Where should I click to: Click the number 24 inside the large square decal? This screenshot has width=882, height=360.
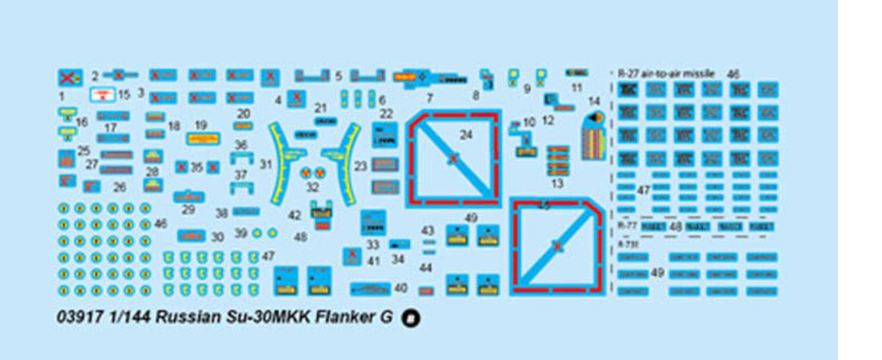click(466, 135)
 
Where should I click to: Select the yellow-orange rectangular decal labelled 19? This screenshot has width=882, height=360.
click(202, 139)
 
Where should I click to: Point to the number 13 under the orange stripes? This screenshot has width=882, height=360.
click(557, 184)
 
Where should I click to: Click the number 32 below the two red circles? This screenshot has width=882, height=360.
click(312, 188)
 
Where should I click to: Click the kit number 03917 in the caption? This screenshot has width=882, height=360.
click(77, 318)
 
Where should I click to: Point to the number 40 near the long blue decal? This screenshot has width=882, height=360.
click(401, 288)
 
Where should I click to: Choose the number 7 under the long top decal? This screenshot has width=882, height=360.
click(429, 97)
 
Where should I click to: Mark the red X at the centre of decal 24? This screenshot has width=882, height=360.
click(452, 158)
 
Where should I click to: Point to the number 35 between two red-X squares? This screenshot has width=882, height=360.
click(196, 168)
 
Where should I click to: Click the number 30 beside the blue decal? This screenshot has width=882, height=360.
click(218, 236)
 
